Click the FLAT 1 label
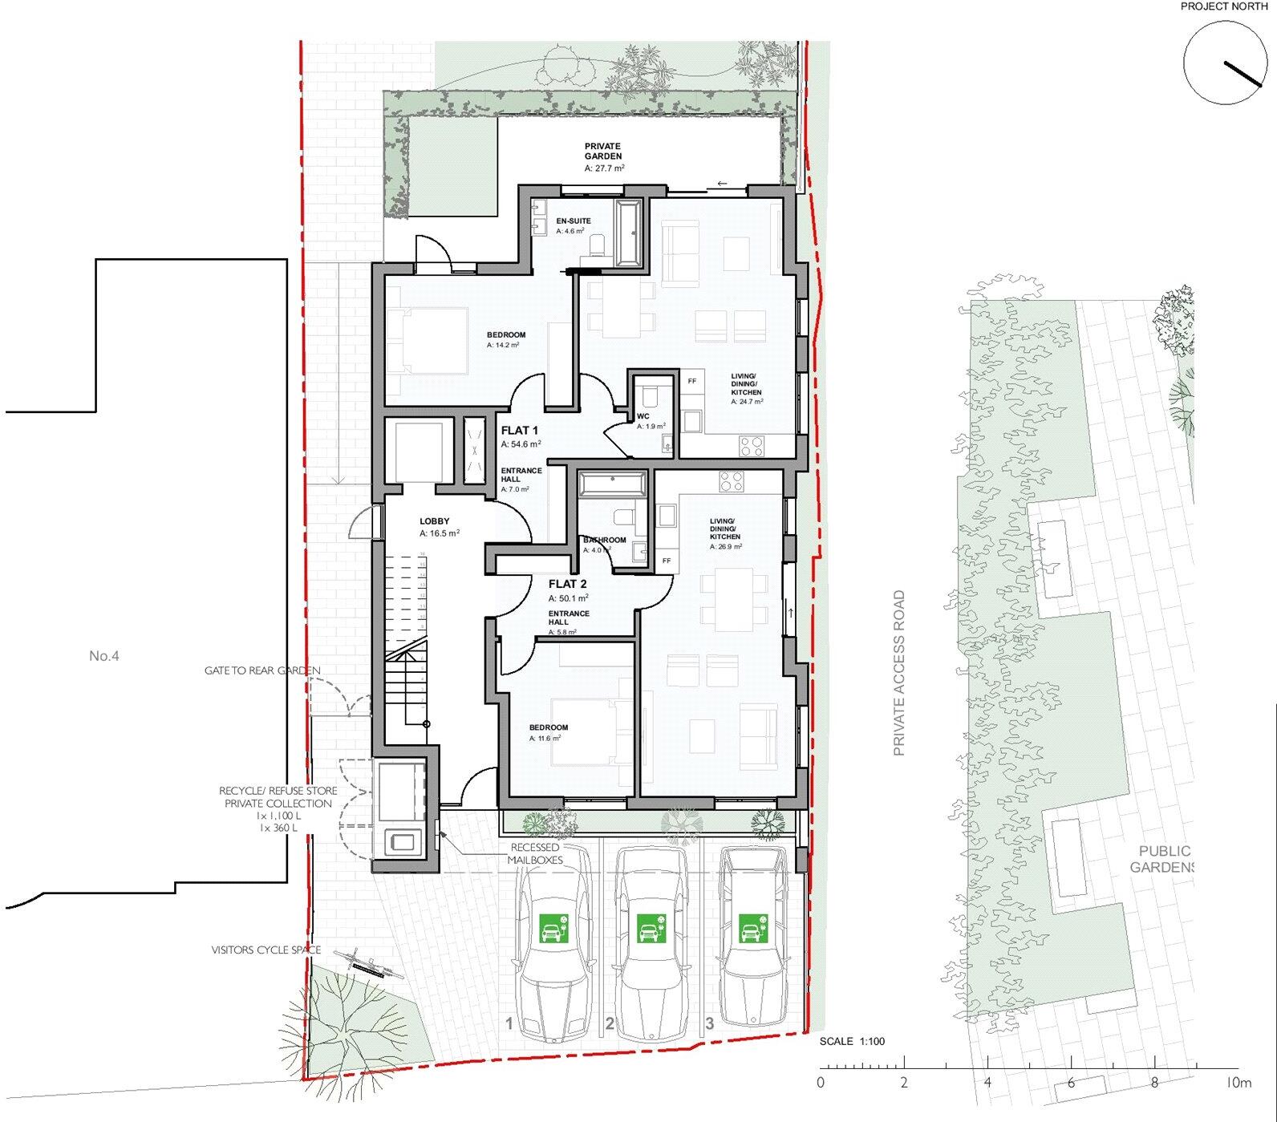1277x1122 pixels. click(519, 431)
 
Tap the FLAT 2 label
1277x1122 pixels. click(567, 584)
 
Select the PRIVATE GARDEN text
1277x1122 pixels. click(603, 152)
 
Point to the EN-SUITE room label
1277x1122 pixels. click(574, 221)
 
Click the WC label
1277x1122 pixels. click(643, 416)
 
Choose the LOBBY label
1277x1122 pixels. click(435, 521)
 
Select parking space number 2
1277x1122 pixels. click(610, 1023)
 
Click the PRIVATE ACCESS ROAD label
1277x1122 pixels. click(899, 674)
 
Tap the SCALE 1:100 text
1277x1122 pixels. click(852, 1041)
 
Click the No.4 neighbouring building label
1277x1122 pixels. click(104, 656)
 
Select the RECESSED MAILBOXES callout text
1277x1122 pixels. click(535, 853)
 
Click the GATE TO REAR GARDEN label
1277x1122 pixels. click(262, 670)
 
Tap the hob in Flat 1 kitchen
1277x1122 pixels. click(751, 445)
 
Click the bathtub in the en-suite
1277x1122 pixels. click(626, 233)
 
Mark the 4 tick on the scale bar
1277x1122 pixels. click(987, 1069)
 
